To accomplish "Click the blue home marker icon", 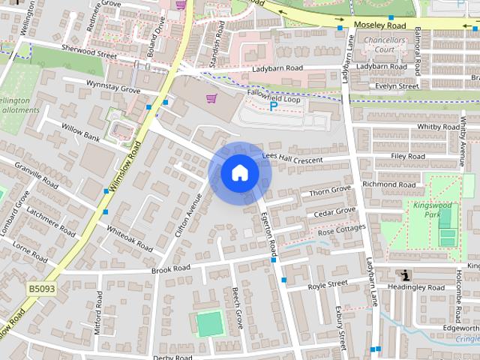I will pyautogui.click(x=239, y=172).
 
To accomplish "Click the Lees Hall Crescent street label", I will pyautogui.click(x=292, y=158).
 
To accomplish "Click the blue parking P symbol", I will pyautogui.click(x=272, y=106).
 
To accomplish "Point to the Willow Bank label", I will pyautogui.click(x=81, y=133).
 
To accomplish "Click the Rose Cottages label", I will pyautogui.click(x=341, y=232).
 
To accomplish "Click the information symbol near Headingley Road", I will pyautogui.click(x=406, y=274).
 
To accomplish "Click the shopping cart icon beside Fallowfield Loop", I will pyautogui.click(x=213, y=97).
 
